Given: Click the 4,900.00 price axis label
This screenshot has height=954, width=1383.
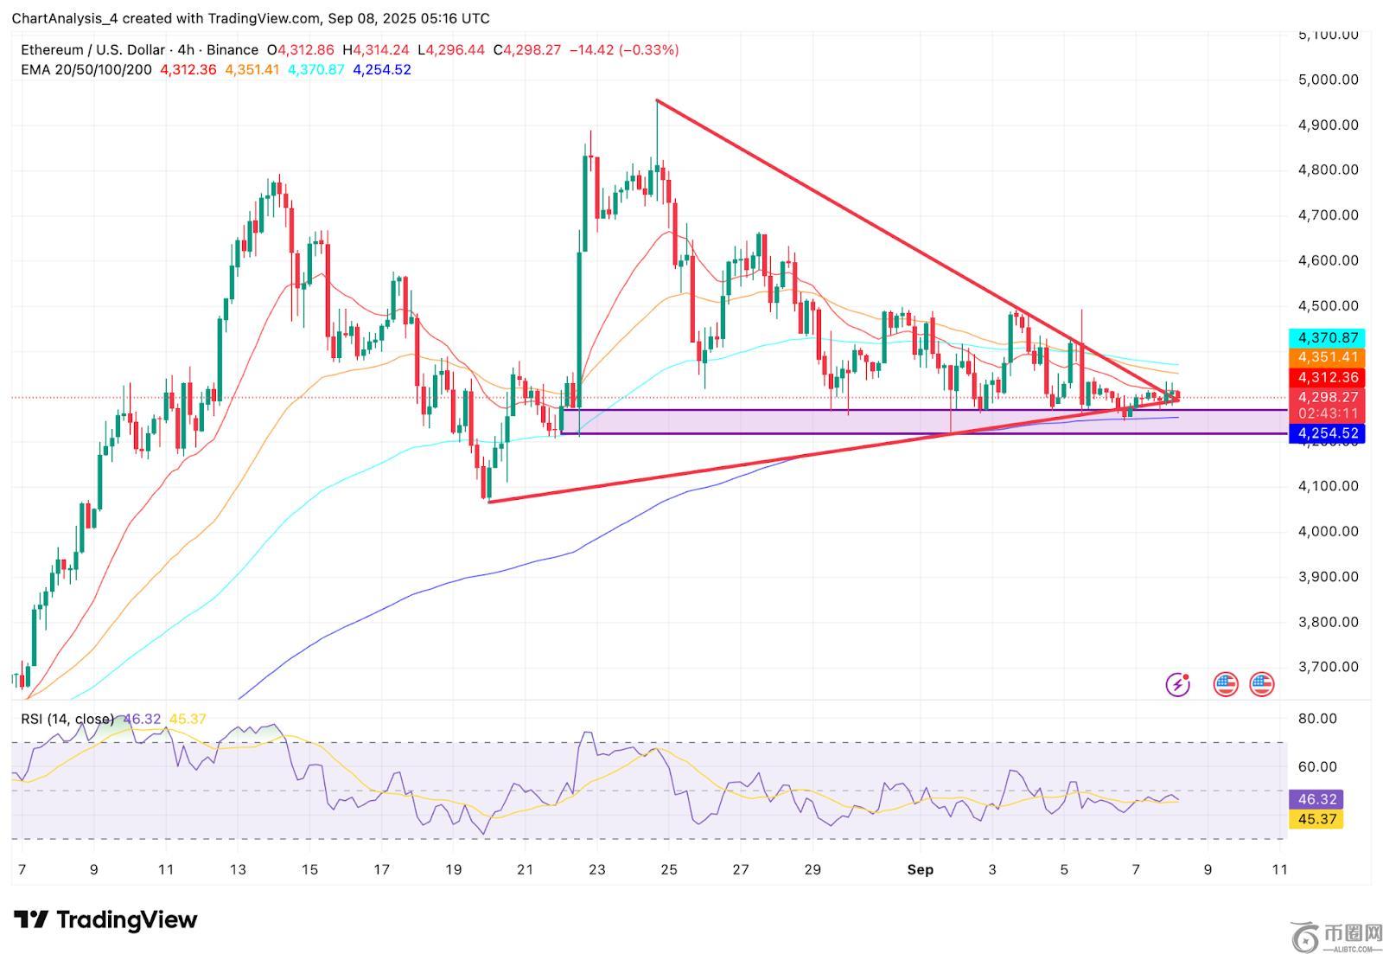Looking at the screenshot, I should (1328, 125).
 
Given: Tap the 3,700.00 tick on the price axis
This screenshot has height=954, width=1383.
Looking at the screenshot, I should (1328, 667).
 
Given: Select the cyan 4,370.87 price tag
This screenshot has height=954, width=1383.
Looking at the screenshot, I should (1327, 338).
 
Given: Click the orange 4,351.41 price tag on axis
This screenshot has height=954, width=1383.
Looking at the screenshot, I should (1327, 357).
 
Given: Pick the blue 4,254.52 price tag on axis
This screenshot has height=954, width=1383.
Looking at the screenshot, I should (1327, 433).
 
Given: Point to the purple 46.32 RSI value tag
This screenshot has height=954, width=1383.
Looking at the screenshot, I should (1316, 800).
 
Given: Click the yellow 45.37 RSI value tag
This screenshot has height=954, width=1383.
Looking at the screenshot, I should (1316, 819).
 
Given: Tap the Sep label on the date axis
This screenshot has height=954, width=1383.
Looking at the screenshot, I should (921, 870).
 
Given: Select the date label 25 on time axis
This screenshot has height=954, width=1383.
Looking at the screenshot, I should (669, 870).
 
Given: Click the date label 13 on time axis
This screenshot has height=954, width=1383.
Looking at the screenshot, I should (238, 870).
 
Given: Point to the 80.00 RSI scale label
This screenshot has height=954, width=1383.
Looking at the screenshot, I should (1317, 719).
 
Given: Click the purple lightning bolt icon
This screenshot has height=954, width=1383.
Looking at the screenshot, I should (1177, 685).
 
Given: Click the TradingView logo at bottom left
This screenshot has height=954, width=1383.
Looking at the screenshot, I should (105, 919).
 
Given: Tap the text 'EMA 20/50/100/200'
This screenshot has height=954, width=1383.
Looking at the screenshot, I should (86, 70).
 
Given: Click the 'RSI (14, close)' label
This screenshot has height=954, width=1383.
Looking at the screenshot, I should (67, 720).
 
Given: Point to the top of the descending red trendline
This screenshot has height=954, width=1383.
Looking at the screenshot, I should (657, 101).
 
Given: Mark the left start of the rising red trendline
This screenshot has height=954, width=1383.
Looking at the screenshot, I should (489, 502).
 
